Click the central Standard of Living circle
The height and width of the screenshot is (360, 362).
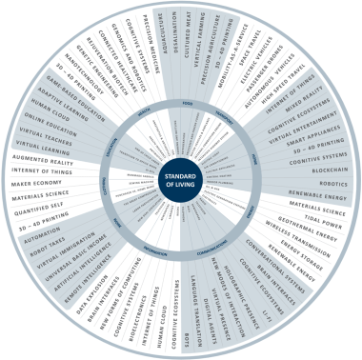tap(181, 180)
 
